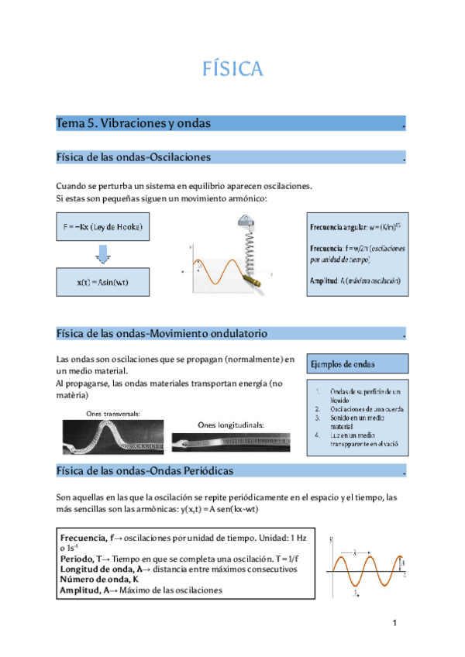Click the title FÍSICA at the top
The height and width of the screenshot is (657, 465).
pyautogui.click(x=232, y=70)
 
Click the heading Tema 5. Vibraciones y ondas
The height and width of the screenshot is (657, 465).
pyautogui.click(x=133, y=124)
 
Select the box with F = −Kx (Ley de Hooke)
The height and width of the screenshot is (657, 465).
pyautogui.click(x=103, y=228)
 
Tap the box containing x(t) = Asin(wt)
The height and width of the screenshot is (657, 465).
pyautogui.click(x=103, y=282)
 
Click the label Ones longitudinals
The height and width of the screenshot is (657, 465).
pyautogui.click(x=231, y=425)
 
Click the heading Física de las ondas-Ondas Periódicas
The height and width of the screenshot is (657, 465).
pyautogui.click(x=145, y=471)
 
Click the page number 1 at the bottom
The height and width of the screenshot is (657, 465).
pyautogui.click(x=394, y=624)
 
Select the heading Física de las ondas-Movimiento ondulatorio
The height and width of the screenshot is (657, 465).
pyautogui.click(x=162, y=334)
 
